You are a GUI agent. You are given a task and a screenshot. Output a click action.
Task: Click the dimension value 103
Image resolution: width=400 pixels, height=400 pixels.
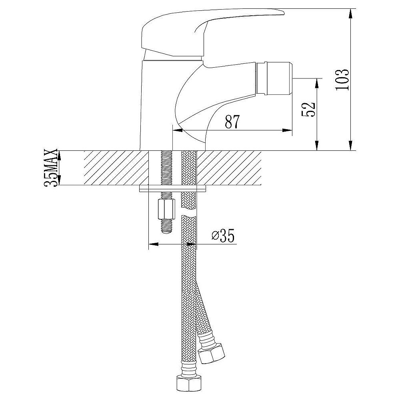click(342, 79)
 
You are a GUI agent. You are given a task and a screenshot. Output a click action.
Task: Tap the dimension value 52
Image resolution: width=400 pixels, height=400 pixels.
click(309, 110)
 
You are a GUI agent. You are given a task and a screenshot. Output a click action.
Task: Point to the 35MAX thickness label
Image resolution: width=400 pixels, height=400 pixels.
click(51, 168)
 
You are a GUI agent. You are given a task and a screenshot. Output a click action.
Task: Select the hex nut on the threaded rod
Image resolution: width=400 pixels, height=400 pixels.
click(166, 209)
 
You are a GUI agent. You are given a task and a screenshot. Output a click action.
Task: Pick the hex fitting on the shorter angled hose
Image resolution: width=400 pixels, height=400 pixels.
click(212, 353)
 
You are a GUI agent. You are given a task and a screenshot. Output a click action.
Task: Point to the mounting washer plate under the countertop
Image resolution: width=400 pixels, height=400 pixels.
click(173, 188)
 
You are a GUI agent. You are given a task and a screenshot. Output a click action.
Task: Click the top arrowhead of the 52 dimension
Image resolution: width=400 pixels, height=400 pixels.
click(317, 83)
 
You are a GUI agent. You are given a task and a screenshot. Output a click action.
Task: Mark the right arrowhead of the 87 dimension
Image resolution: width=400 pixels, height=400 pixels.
click(287, 130)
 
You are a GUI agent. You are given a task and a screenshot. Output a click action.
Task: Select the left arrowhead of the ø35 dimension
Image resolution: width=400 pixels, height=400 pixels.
click(153, 244)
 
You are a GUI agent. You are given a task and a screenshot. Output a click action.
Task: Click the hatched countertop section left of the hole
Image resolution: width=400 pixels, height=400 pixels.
click(116, 168)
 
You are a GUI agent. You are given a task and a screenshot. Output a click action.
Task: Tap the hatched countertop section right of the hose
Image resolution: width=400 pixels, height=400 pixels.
click(229, 168)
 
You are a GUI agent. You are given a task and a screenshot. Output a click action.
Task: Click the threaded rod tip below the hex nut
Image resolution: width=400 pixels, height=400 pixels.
click(166, 226)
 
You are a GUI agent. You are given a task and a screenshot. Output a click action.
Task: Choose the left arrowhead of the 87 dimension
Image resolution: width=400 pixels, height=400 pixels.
click(178, 130)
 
